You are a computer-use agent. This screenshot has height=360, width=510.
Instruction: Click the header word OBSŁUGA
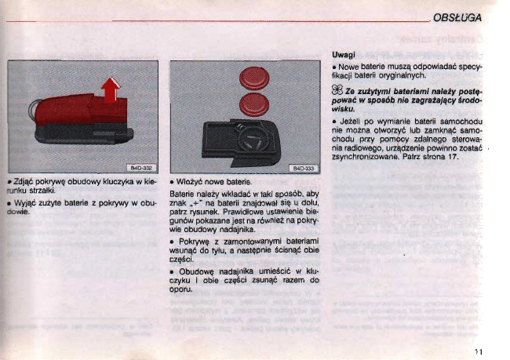(457, 17)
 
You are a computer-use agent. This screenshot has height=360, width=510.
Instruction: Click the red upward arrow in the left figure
(111, 89)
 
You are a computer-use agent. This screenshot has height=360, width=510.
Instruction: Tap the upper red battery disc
(254, 78)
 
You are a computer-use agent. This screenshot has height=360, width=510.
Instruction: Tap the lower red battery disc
(254, 104)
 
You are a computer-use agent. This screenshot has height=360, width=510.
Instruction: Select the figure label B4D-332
(141, 168)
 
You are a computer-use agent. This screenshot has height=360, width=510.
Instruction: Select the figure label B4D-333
(304, 168)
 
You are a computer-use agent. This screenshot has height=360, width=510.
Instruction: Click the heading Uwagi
(344, 55)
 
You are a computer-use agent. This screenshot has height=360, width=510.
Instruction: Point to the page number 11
(478, 351)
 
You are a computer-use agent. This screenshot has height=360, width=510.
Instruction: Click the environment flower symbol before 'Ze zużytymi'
(337, 89)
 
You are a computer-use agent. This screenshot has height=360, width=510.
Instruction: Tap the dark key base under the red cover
(84, 133)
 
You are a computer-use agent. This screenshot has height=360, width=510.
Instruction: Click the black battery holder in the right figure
(241, 139)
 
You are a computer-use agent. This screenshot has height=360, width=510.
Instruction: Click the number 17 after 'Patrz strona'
(453, 157)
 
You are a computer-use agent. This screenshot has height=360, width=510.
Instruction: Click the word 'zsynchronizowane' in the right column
(366, 157)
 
